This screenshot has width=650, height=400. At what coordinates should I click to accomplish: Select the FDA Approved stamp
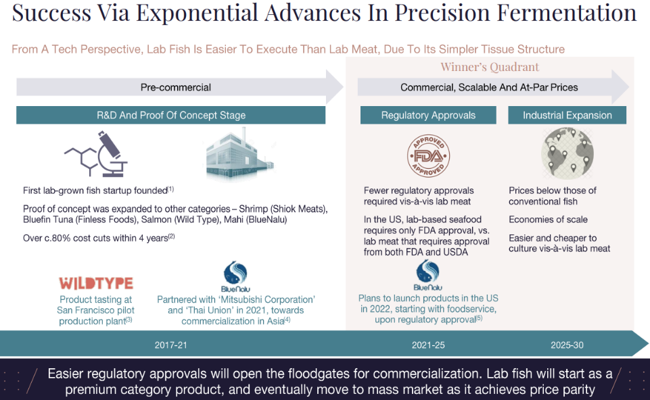428,155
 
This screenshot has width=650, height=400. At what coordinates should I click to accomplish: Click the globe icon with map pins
567,153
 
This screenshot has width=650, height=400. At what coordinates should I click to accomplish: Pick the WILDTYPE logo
96,283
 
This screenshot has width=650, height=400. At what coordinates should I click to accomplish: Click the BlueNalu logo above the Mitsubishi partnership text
235,276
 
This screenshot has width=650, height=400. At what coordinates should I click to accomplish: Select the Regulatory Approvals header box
428,115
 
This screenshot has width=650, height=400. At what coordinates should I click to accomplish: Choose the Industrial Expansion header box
567,115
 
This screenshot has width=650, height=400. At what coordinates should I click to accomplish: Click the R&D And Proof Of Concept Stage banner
171,115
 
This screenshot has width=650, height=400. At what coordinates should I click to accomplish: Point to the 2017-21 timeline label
171,345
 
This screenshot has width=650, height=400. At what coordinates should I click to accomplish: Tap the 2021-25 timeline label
428,345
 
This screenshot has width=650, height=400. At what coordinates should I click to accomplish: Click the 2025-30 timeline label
567,345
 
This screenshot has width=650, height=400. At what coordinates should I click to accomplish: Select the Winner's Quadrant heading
490,67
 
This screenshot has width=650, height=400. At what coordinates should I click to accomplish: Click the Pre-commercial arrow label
176,87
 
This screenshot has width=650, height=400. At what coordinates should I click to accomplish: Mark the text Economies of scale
548,220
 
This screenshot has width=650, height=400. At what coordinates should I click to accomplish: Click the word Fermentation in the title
567,12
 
